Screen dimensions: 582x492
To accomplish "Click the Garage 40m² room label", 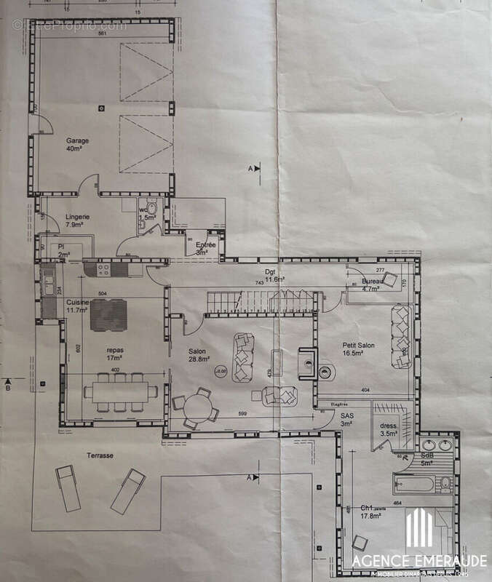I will tap(77, 145).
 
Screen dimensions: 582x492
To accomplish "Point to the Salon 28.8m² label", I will tap(197, 355).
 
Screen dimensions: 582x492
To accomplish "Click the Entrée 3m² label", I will tap(206, 249).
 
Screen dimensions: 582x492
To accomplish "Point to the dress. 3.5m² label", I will tap(389, 429).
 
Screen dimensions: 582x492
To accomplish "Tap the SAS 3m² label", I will tap(346, 419).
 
